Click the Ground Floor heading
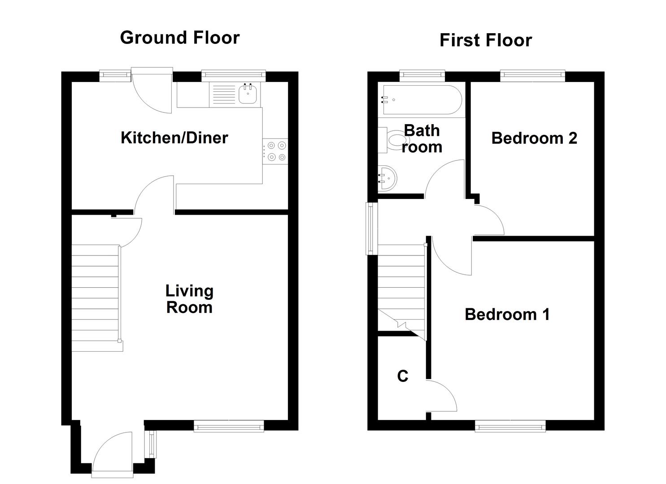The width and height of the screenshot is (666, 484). click(x=180, y=38)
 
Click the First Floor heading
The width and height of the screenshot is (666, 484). click(x=485, y=40)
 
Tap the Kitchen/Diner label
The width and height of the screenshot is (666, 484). click(x=174, y=138)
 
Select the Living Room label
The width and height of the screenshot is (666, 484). click(x=189, y=299)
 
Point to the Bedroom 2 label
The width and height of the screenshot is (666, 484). click(x=534, y=138)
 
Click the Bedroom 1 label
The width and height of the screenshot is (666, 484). click(x=507, y=314)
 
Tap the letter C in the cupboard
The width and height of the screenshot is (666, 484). click(x=402, y=376)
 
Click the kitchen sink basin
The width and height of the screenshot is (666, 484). click(x=248, y=95)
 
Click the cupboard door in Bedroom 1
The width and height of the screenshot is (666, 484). click(x=441, y=396)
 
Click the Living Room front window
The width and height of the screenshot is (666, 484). click(x=229, y=426)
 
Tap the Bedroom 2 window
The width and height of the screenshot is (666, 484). click(x=532, y=76)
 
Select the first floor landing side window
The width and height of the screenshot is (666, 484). click(x=370, y=228)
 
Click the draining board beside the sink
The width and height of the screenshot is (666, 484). click(x=223, y=95)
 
